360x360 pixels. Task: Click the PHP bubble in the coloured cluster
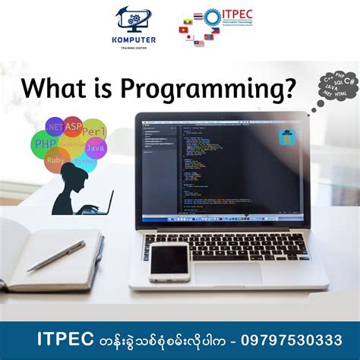click(x=46, y=142)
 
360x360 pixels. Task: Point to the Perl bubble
click(x=93, y=131)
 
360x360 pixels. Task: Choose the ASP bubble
click(x=73, y=126)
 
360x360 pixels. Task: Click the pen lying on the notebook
click(x=56, y=256)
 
